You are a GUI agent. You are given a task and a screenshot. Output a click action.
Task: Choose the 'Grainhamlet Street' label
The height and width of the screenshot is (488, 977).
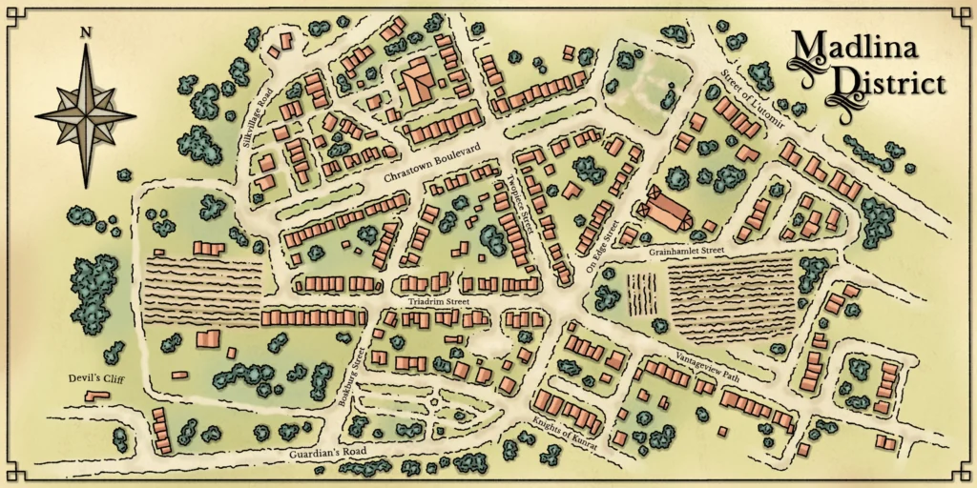coord(686,251)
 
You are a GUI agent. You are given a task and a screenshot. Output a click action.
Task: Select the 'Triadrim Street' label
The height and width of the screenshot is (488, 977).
coord(439,302)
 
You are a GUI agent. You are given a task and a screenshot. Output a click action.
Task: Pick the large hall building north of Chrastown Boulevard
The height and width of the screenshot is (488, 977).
coord(418,82)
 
